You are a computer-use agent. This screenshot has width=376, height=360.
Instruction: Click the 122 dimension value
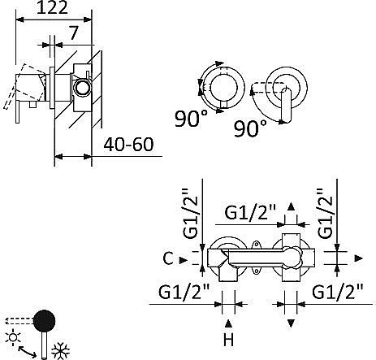click(52, 7)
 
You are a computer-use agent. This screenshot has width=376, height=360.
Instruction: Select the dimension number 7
click(73, 33)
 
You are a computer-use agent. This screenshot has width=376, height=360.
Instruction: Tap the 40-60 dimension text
click(128, 145)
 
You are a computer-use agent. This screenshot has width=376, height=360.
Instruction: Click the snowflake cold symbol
click(61, 351)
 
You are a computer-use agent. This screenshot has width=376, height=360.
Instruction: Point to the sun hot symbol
click(14, 337)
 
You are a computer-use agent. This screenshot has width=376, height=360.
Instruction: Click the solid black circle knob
click(45, 321)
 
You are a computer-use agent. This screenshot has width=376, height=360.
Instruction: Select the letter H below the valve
click(229, 340)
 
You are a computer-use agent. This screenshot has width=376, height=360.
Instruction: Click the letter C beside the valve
click(168, 258)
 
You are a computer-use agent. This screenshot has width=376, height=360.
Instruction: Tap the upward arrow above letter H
click(228, 323)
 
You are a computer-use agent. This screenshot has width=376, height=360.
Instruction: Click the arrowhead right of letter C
click(184, 260)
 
